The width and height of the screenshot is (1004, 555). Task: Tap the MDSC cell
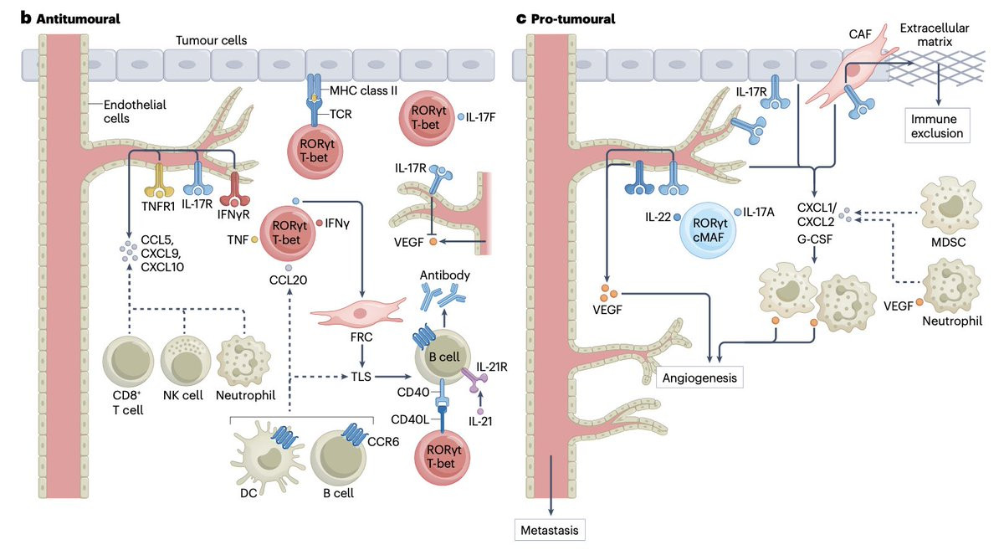tap(948, 204)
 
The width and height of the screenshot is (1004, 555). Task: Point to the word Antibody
tap(446, 275)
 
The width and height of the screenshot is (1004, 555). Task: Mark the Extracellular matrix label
tap(935, 35)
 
